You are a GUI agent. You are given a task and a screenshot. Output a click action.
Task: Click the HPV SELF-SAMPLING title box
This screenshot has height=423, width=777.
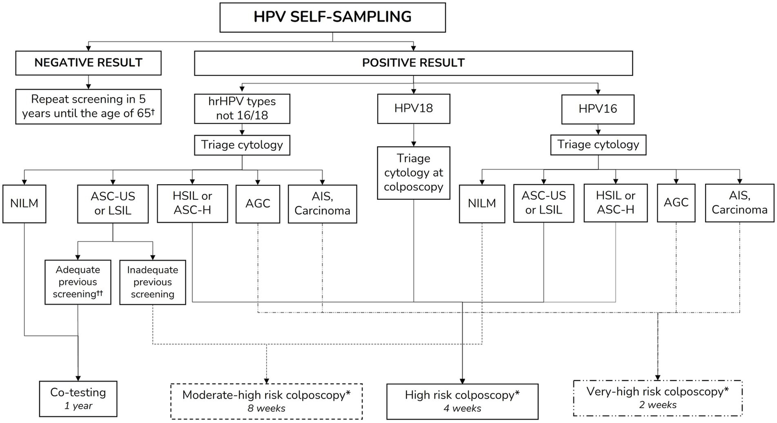point(332,17)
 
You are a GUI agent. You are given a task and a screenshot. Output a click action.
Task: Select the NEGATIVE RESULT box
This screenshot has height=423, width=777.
point(88,63)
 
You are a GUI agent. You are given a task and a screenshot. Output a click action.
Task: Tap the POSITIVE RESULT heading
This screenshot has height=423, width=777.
point(413,63)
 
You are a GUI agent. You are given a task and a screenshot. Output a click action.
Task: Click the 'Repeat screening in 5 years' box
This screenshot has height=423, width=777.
point(88,106)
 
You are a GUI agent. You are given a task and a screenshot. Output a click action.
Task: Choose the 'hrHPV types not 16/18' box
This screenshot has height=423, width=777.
point(242,108)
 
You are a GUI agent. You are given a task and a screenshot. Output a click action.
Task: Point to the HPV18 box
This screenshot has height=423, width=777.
point(413,108)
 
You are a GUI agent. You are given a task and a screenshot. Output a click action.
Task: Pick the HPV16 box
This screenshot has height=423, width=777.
point(597,109)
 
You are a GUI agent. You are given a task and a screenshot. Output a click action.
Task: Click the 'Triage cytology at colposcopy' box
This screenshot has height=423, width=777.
point(413,173)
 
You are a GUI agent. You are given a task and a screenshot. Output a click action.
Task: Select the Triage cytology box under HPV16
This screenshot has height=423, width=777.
point(598,145)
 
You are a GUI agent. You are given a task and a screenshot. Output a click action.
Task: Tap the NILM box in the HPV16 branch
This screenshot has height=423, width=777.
point(481,203)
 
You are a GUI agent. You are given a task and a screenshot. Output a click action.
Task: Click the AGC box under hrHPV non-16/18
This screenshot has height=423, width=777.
point(258,204)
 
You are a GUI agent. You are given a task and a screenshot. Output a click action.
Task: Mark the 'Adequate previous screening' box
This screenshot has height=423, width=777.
point(77,282)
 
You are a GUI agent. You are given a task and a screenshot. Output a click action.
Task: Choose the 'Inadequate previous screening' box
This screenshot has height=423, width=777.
point(152,282)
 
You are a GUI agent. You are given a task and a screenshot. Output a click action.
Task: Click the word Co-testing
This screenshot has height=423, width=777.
point(78,392)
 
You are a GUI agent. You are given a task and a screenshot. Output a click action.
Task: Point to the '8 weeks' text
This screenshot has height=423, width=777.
point(266,408)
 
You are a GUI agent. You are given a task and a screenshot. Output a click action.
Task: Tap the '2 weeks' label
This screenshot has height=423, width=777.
point(657,405)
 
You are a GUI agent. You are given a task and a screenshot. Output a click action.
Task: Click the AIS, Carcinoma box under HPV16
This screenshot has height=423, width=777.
point(739,203)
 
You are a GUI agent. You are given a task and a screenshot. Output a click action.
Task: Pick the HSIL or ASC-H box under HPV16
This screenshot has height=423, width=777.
point(615,203)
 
